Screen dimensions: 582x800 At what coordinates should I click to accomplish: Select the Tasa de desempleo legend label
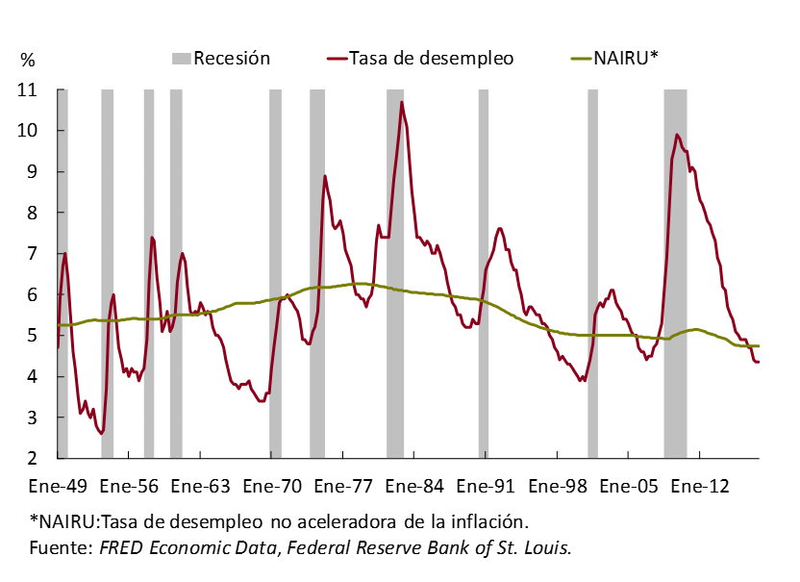[431, 59]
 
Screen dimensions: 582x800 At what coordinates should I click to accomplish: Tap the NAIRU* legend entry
[625, 59]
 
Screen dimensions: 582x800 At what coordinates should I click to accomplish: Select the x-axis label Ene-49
[60, 486]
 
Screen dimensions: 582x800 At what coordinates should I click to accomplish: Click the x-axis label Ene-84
[414, 486]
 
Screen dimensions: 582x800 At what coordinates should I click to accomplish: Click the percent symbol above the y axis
[27, 60]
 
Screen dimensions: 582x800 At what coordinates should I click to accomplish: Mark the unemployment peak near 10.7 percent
[402, 102]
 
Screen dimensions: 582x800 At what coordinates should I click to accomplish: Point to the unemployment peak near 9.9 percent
[677, 135]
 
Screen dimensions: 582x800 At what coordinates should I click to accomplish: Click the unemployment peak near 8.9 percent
[325, 176]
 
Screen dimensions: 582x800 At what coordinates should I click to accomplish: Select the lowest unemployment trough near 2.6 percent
[101, 434]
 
